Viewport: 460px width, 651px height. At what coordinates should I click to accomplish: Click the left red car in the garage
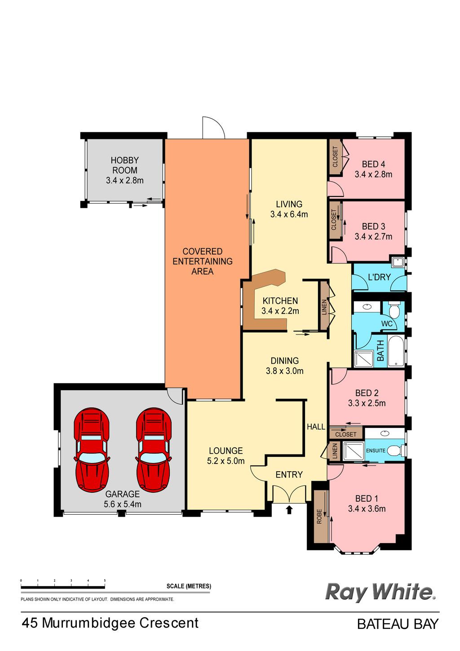[x=92, y=450]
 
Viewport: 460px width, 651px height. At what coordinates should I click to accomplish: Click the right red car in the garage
[x=154, y=450]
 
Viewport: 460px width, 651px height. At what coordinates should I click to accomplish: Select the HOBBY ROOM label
[x=124, y=165]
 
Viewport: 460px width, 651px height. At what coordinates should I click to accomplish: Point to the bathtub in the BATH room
[x=396, y=352]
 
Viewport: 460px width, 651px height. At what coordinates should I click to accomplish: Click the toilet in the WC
[x=394, y=309]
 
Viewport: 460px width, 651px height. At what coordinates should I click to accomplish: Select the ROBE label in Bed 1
[x=319, y=517]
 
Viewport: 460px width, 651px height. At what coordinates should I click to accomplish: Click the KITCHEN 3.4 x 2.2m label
[x=280, y=306]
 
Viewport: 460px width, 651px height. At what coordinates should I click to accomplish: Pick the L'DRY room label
[x=379, y=277]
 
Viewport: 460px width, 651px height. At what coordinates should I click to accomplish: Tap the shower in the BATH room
[x=363, y=359]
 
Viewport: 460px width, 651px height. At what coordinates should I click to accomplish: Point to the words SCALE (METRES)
[x=189, y=586]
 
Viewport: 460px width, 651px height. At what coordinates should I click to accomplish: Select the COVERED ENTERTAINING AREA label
[x=203, y=261]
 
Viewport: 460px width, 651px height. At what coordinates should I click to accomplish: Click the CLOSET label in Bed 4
[x=335, y=157]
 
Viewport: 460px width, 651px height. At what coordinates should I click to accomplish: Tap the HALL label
[x=316, y=427]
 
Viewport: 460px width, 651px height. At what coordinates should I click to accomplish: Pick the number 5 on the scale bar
[x=105, y=580]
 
